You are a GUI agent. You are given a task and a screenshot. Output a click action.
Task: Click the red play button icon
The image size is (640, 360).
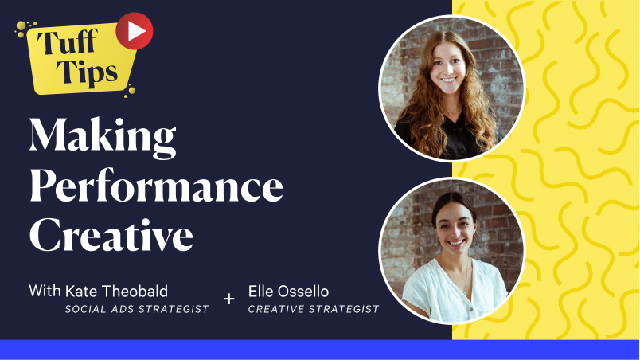click(135, 31)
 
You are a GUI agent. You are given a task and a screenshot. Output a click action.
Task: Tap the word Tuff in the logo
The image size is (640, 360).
click(68, 43)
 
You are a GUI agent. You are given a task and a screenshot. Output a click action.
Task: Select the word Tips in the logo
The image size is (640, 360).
click(88, 72)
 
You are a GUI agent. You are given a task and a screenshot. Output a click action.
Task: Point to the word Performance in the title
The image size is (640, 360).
click(156, 186)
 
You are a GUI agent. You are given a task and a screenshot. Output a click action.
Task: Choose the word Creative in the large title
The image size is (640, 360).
click(111, 235)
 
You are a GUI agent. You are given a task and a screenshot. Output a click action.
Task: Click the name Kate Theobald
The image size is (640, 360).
click(116, 292)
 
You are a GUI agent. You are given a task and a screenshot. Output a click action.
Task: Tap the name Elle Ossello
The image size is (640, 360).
click(288, 292)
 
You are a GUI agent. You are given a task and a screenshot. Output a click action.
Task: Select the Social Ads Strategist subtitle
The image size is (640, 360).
click(137, 309)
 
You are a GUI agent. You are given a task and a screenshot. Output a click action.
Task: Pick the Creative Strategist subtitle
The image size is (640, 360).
click(314, 309)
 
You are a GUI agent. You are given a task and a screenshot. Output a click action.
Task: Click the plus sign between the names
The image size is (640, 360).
click(229, 299)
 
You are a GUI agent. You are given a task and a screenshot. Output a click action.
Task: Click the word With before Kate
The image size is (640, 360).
click(45, 291)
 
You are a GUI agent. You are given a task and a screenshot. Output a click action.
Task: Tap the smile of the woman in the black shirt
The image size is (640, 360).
click(448, 80)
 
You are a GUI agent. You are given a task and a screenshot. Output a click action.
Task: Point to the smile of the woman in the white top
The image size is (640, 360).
click(456, 243)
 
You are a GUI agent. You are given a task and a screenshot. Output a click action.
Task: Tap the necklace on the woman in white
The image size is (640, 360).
click(464, 276)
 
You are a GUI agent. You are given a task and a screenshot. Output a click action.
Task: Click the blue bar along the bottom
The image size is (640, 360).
click(320, 350)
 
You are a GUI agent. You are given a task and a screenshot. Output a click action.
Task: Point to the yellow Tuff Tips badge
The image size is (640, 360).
click(81, 58)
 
